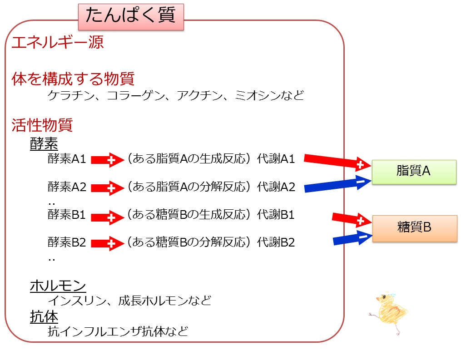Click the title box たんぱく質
point(131,17)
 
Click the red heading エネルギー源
point(58,42)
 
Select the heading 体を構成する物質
point(73,79)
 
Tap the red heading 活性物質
point(42,125)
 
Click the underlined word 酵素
point(44,143)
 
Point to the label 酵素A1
point(67,159)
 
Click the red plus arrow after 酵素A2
point(107,188)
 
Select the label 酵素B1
point(67,215)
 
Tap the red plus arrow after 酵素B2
point(107,243)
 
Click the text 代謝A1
point(276,159)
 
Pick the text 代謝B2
point(276,242)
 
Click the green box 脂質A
point(414,172)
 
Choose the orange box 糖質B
point(415,228)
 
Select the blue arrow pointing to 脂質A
point(337,184)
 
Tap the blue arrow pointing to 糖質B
point(352,238)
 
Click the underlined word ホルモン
point(58,286)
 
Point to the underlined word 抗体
point(44,316)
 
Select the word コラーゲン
point(135,95)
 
